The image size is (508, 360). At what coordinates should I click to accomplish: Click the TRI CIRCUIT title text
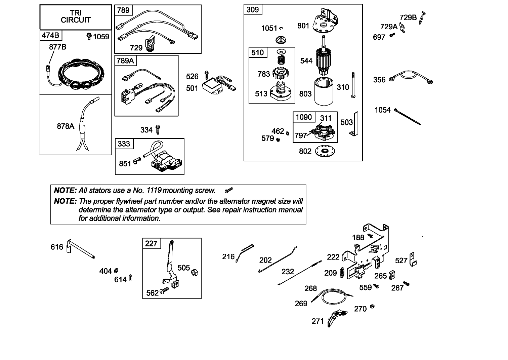(x=76, y=16)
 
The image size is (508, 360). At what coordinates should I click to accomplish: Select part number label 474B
(x=50, y=35)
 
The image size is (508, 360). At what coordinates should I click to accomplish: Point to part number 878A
(x=66, y=126)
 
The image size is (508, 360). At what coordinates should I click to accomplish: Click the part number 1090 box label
(x=304, y=117)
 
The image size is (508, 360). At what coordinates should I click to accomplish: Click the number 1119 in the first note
(x=154, y=191)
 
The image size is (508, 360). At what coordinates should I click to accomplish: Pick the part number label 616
(x=57, y=247)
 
